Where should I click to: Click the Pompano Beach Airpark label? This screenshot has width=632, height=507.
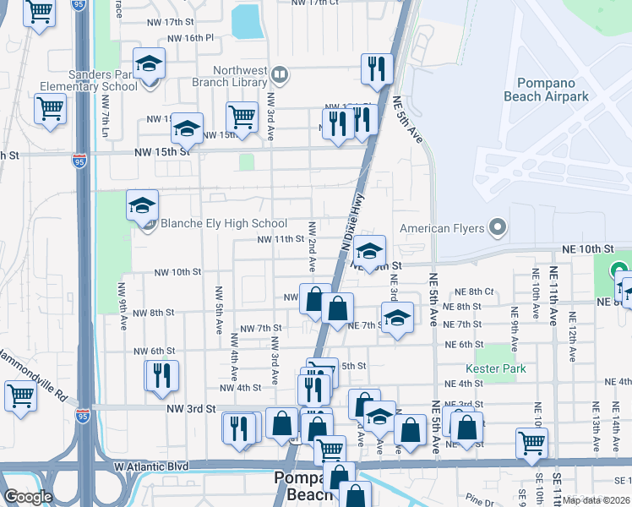(553, 90)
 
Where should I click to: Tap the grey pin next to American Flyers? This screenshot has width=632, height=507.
(498, 227)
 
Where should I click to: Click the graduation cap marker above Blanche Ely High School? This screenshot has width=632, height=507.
(143, 204)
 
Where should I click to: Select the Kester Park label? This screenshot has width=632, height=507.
(495, 368)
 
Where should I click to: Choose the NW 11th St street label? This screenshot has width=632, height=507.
(281, 240)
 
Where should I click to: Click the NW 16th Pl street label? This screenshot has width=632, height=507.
(191, 38)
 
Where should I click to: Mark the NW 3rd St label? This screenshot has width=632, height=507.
(190, 408)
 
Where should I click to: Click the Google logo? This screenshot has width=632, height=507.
(28, 497)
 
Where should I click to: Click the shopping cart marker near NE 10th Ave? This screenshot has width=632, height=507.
(531, 441)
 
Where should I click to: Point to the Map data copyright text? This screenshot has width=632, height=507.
(597, 500)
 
